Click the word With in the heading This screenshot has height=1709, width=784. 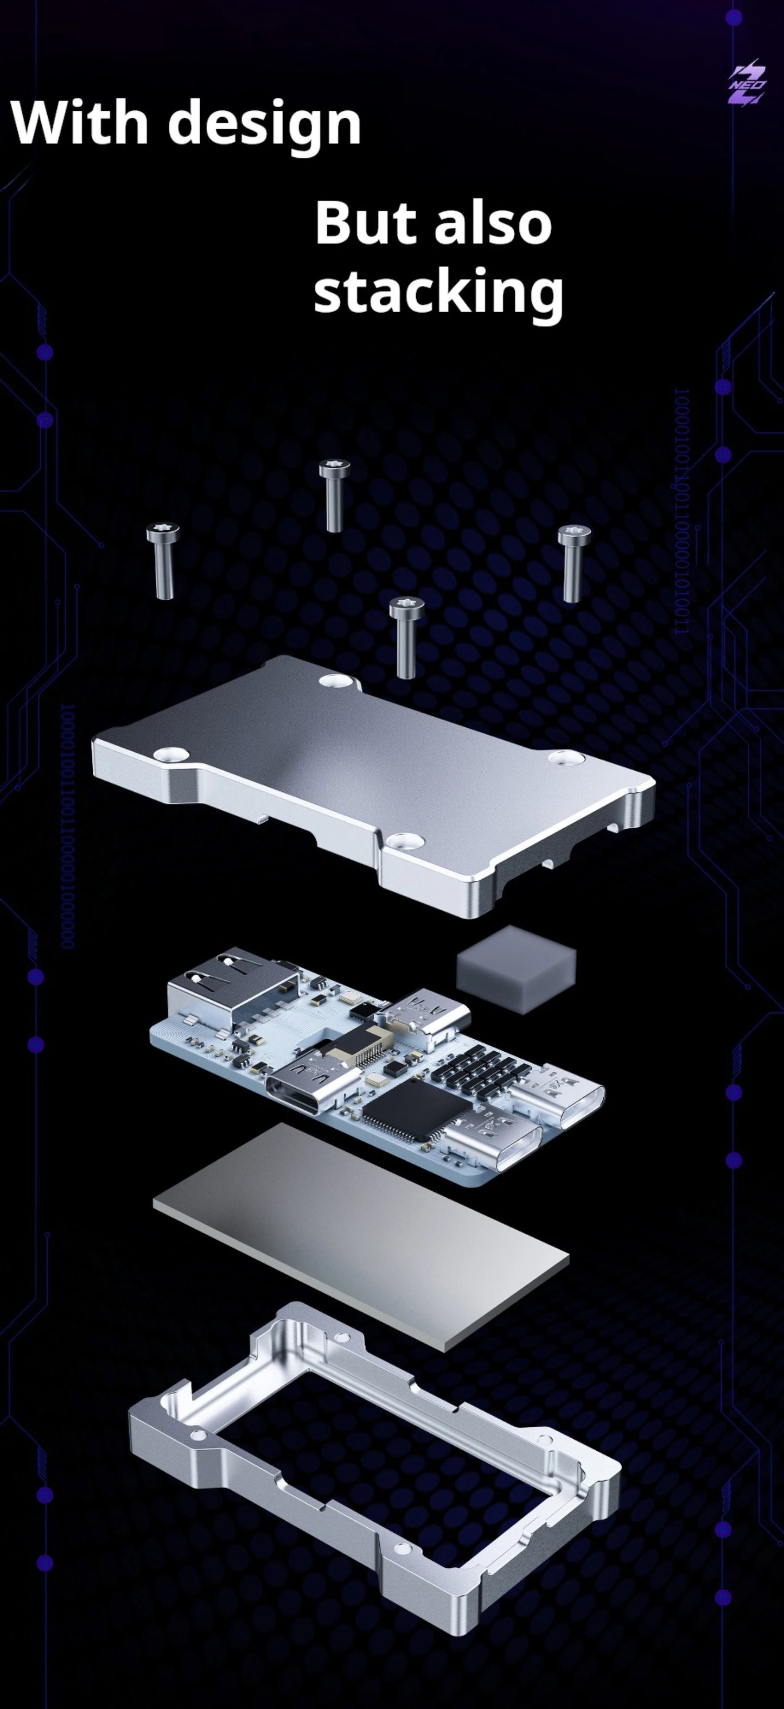coord(79,122)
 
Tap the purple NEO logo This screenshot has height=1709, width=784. coord(748,85)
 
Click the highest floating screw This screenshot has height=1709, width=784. coord(334,494)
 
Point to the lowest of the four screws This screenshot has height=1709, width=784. coord(405,636)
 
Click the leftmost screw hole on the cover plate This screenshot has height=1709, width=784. coord(169,753)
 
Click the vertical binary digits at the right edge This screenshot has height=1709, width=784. coord(682,511)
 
